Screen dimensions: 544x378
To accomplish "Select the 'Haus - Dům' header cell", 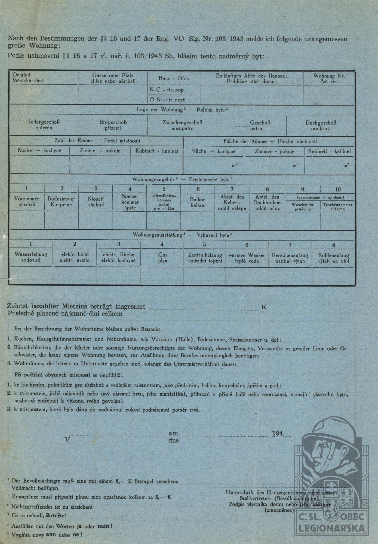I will [174, 78].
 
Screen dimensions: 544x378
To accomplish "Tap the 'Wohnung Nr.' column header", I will [329, 79].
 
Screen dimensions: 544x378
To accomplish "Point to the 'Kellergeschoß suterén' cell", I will [44, 125].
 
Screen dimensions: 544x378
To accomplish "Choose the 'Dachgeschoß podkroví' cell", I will [321, 126].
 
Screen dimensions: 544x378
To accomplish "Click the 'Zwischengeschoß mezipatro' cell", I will [182, 125].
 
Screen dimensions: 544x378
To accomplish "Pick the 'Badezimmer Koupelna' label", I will [61, 202].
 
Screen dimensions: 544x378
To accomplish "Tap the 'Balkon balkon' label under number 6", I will [198, 202].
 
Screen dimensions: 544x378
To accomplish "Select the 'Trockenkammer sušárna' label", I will [338, 207].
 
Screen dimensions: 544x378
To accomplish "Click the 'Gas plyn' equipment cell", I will [163, 258].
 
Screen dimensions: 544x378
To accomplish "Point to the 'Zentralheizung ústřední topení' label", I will [205, 258].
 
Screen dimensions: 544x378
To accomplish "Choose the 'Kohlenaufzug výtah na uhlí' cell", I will [334, 258].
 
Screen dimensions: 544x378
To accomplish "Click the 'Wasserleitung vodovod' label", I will [31, 257].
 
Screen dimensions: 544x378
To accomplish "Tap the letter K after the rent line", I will [264, 307].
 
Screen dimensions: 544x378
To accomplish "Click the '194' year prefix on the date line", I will [278, 434].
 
